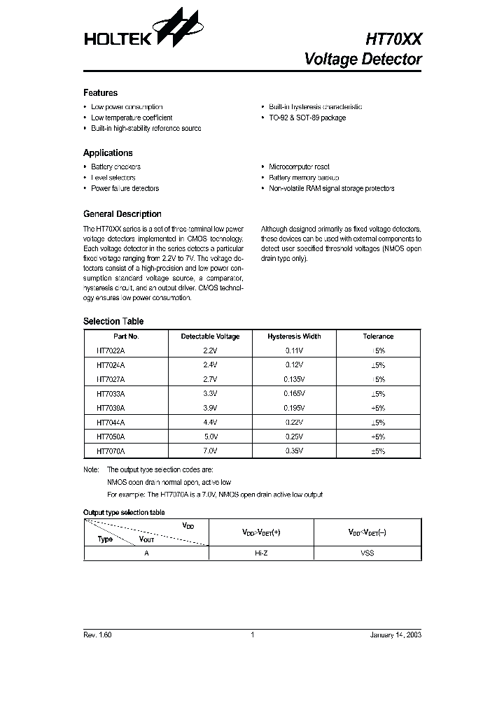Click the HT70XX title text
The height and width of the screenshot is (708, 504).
[393, 40]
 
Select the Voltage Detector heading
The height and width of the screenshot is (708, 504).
[363, 59]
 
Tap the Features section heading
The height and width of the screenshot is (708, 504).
[100, 93]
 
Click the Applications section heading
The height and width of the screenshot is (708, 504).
[108, 153]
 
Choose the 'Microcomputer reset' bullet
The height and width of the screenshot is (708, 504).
[299, 167]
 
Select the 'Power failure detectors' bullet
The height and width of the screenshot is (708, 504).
[125, 188]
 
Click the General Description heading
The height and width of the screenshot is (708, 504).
[122, 214]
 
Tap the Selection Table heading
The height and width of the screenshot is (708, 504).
[113, 321]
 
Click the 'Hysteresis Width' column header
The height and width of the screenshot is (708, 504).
[294, 337]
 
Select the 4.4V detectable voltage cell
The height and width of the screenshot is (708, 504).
[210, 423]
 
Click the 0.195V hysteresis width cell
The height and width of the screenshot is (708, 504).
[294, 409]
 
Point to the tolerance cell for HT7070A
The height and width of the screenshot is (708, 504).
[378, 452]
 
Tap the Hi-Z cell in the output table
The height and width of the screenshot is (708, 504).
[260, 553]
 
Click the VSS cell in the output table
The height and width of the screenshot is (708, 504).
[367, 553]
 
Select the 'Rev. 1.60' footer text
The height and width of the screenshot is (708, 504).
[97, 635]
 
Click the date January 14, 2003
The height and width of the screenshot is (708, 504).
[395, 635]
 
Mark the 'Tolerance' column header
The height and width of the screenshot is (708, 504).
[378, 337]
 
